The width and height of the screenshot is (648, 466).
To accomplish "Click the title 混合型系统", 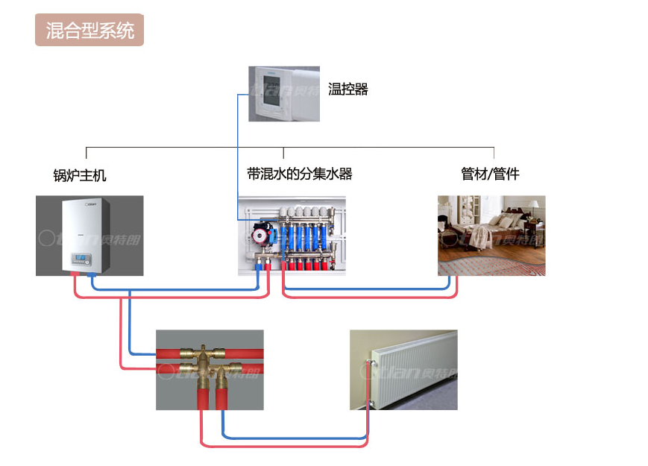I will pyautogui.click(x=89, y=31).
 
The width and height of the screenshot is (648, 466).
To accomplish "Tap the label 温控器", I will pyautogui.click(x=348, y=89).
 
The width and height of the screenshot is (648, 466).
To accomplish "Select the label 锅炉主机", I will pyautogui.click(x=80, y=175).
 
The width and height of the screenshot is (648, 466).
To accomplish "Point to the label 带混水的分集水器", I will pyautogui.click(x=299, y=174).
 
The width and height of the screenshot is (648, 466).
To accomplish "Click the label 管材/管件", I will pyautogui.click(x=490, y=174).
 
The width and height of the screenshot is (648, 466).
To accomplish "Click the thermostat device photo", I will pyautogui.click(x=283, y=94).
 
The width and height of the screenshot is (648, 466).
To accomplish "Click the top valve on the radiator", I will pyautogui.click(x=368, y=363).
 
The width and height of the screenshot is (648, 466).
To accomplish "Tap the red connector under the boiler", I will pyautogui.click(x=75, y=275).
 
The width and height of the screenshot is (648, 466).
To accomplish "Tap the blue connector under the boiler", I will pyautogui.click(x=91, y=275).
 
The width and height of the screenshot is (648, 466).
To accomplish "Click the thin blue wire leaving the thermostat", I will pyautogui.click(x=239, y=149).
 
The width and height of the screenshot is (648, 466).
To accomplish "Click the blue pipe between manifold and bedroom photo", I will pyautogui.click(x=365, y=288).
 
